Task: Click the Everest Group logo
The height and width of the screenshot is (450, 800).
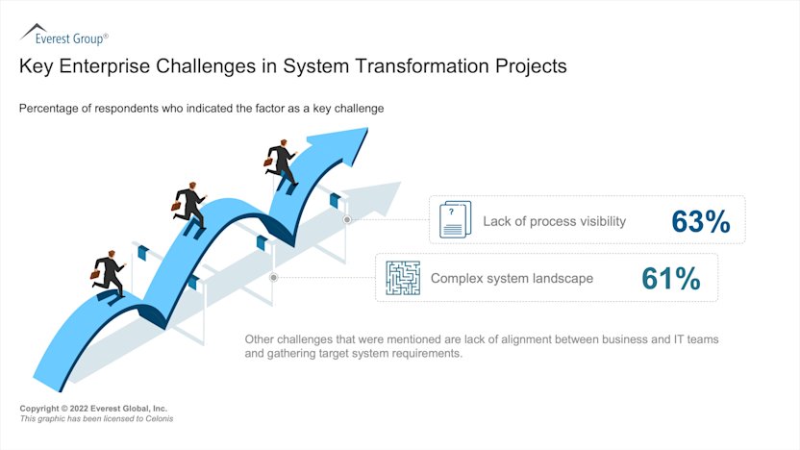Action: (63, 36)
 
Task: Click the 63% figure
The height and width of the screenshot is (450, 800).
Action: (701, 221)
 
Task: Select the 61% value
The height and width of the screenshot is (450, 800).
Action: (670, 279)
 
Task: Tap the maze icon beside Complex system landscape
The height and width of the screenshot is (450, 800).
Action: (403, 278)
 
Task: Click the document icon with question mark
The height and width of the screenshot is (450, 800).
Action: (455, 220)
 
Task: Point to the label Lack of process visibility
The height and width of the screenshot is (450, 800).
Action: (554, 221)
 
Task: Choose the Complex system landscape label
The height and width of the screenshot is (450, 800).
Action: (512, 279)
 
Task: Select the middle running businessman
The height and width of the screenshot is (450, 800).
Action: (189, 205)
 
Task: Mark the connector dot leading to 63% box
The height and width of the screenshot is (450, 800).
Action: (347, 219)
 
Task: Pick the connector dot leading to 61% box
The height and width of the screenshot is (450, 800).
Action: (274, 277)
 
